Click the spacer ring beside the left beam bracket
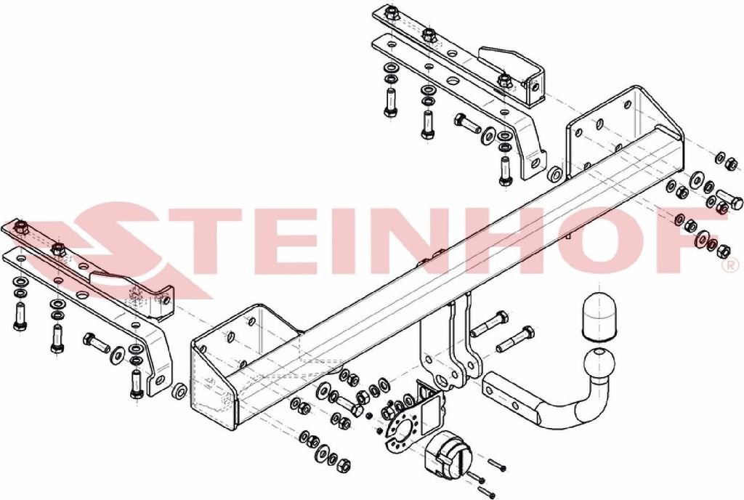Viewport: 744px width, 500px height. coord(179,392)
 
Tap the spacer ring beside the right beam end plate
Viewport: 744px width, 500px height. coord(554,174)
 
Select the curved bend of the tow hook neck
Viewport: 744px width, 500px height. coord(576,403)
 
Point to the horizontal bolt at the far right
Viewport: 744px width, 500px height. coord(729,199)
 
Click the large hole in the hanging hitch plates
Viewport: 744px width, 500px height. coord(441,382)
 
